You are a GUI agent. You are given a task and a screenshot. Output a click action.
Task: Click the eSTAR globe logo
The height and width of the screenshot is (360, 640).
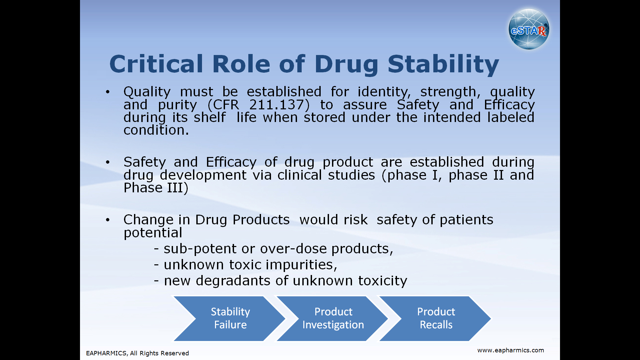click(529, 29)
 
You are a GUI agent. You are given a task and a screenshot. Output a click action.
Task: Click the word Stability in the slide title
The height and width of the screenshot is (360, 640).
click(443, 64)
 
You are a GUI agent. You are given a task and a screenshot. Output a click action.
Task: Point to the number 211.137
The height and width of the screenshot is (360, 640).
click(277, 105)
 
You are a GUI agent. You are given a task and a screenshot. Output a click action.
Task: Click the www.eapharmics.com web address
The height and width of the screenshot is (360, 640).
click(510, 350)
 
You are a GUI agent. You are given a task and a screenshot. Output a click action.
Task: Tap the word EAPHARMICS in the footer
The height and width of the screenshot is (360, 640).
click(106, 353)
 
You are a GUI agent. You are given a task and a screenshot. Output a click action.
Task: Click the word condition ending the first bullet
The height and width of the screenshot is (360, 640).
click(156, 130)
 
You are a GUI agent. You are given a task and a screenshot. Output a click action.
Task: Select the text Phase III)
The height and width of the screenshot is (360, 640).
click(156, 188)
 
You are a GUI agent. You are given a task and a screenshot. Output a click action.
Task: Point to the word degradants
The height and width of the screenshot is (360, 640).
click(233, 281)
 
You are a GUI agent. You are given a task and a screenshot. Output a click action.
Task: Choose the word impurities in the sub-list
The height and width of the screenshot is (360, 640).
click(301, 265)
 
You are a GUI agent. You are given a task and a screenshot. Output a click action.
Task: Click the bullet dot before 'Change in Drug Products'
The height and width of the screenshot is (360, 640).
click(107, 220)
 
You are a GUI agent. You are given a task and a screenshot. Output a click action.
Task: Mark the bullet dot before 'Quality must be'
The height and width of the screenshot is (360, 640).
click(107, 92)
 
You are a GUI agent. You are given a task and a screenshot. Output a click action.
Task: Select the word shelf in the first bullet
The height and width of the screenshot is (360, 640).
click(209, 117)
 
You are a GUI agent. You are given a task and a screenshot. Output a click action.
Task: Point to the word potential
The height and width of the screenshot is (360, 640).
click(153, 233)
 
